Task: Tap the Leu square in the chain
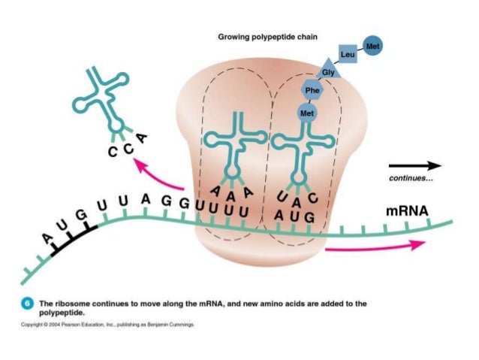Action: click(348, 55)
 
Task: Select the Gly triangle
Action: click(328, 72)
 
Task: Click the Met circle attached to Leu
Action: click(373, 47)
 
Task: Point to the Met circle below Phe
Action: click(306, 113)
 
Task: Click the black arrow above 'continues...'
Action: click(414, 165)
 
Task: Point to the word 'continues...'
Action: click(411, 180)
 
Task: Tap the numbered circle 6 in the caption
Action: click(26, 304)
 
